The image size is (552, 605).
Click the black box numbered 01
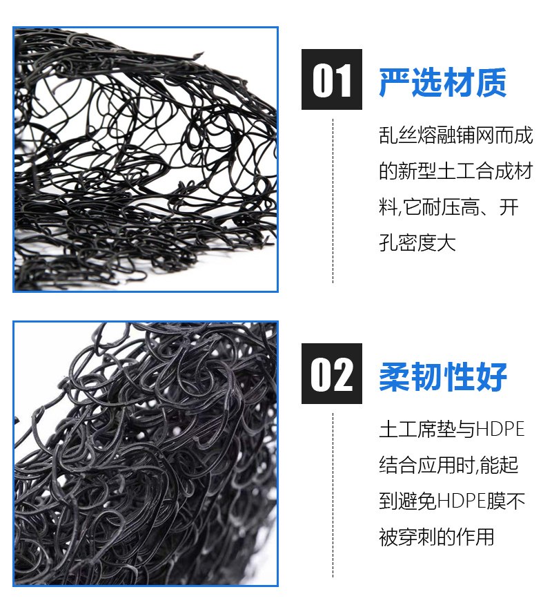click(331, 79)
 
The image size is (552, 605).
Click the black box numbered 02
click(331, 374)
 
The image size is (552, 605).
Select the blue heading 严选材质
click(442, 81)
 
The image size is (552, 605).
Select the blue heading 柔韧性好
click(442, 376)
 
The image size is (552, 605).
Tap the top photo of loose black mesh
click(146, 160)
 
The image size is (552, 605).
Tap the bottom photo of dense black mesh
click(146, 454)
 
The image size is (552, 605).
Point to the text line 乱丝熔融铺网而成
click(455, 135)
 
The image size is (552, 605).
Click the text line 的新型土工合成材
click(455, 171)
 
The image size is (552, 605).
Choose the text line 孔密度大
click(417, 242)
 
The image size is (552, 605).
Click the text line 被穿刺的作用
click(436, 537)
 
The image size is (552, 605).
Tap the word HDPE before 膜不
click(462, 501)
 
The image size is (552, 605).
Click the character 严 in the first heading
click(395, 81)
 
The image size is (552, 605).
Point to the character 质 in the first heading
click(491, 81)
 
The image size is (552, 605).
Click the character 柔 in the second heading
click(395, 376)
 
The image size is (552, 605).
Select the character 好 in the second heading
click(491, 376)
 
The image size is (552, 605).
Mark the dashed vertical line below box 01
click(333, 201)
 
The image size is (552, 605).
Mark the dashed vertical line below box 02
click(333, 495)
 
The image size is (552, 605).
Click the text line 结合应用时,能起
click(448, 465)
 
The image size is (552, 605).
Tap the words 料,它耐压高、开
click(448, 207)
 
